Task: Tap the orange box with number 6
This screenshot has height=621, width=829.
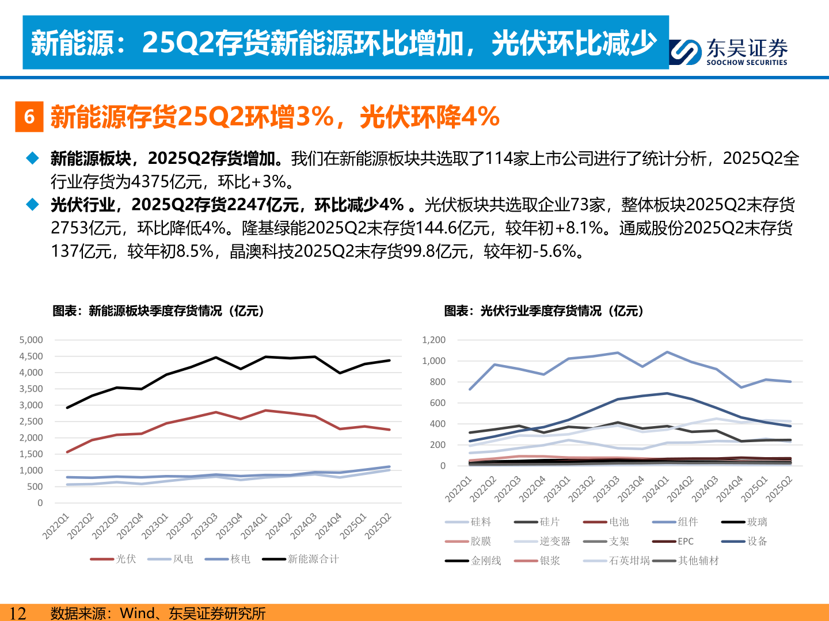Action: tap(29, 117)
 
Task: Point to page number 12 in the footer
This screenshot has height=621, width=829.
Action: tap(18, 613)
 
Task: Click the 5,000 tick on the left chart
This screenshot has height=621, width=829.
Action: tap(31, 340)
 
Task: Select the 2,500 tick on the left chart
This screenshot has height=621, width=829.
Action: tap(31, 421)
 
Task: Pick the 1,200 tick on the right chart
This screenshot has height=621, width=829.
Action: tap(433, 340)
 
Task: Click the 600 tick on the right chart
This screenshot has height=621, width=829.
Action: tap(438, 403)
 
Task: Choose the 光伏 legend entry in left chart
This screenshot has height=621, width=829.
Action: tap(126, 559)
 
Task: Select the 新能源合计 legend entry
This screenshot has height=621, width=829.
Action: tap(313, 559)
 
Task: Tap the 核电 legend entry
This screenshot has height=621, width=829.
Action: tap(240, 559)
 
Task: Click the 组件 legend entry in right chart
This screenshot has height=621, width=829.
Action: tap(687, 522)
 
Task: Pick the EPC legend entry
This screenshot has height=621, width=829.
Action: tap(685, 541)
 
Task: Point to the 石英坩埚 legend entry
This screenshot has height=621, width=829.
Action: tap(629, 561)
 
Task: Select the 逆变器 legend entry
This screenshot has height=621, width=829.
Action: tap(554, 541)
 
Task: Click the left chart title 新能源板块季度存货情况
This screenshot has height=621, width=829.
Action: tap(158, 311)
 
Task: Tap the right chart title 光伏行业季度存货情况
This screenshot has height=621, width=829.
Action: tap(543, 311)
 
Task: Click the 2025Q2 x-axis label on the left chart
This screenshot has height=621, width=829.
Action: tap(378, 526)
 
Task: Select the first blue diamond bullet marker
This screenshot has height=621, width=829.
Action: tap(33, 158)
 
